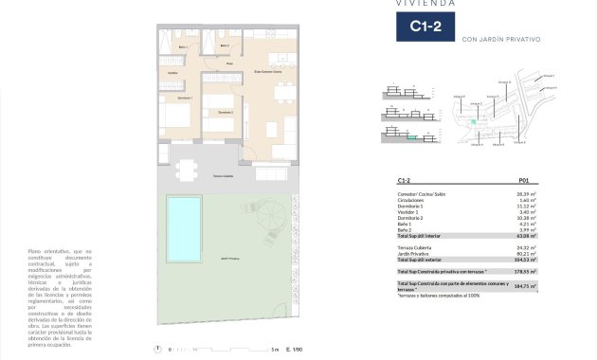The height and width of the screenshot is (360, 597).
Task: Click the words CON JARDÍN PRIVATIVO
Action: pos(501,40)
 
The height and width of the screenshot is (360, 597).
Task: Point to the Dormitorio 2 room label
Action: pos(225,112)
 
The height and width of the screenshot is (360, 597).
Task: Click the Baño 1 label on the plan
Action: pos(182,45)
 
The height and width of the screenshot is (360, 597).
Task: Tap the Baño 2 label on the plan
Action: pos(225,45)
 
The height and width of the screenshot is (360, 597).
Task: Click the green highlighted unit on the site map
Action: pos(472,122)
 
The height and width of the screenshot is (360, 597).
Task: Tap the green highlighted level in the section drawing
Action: pos(411,138)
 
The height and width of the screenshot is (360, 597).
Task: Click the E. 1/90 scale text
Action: pos(296,351)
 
